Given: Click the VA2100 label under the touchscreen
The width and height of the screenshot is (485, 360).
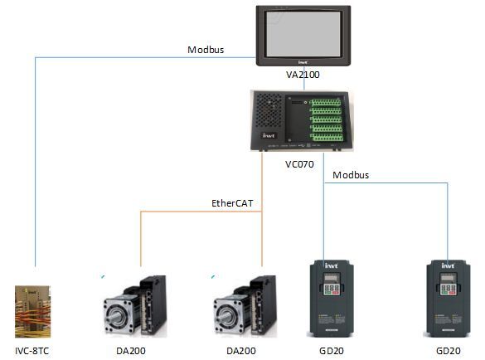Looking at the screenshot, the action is (x=303, y=75).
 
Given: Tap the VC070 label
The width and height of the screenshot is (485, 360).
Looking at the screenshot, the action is (x=299, y=164).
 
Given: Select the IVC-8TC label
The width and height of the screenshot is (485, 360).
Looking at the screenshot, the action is (x=32, y=351).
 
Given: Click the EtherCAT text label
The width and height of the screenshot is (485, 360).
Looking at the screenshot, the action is (x=232, y=203).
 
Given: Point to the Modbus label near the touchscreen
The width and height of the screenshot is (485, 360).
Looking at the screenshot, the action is (x=206, y=50).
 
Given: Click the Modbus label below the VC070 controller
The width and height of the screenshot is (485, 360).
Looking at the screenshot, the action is (x=351, y=175).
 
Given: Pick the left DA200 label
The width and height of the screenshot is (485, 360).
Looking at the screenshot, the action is (x=131, y=351).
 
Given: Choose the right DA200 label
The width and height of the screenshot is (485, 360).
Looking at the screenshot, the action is (x=241, y=351).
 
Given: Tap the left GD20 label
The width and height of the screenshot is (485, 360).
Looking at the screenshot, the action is (x=332, y=351).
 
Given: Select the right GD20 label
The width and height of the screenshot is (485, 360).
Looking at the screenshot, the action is (x=449, y=351).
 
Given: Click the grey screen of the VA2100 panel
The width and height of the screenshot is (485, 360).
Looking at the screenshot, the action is (x=303, y=34).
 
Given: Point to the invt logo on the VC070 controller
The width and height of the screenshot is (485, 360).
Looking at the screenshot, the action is (x=269, y=135).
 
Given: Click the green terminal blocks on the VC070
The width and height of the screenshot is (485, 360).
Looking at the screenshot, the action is (x=326, y=119).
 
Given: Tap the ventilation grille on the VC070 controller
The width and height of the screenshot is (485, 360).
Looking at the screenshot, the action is (x=268, y=110).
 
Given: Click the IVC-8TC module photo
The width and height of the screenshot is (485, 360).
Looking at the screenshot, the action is (x=33, y=311).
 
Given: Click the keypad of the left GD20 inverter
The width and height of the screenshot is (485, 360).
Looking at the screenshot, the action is (x=332, y=285).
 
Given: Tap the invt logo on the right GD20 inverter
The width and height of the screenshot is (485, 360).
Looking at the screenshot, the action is (x=448, y=265).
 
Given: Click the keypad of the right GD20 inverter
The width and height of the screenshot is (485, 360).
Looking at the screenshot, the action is (x=449, y=285).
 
